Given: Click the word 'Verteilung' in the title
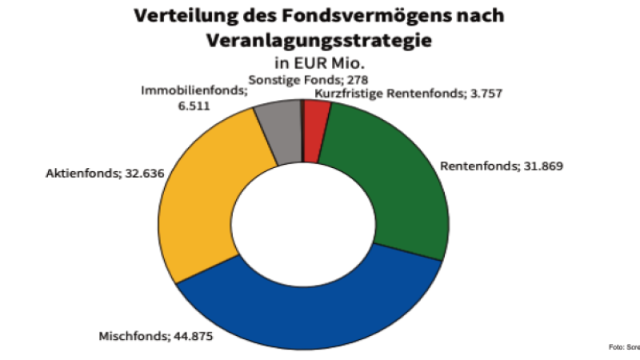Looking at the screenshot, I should pos(176,15).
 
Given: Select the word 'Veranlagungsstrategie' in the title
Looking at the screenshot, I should pos(319,38).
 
